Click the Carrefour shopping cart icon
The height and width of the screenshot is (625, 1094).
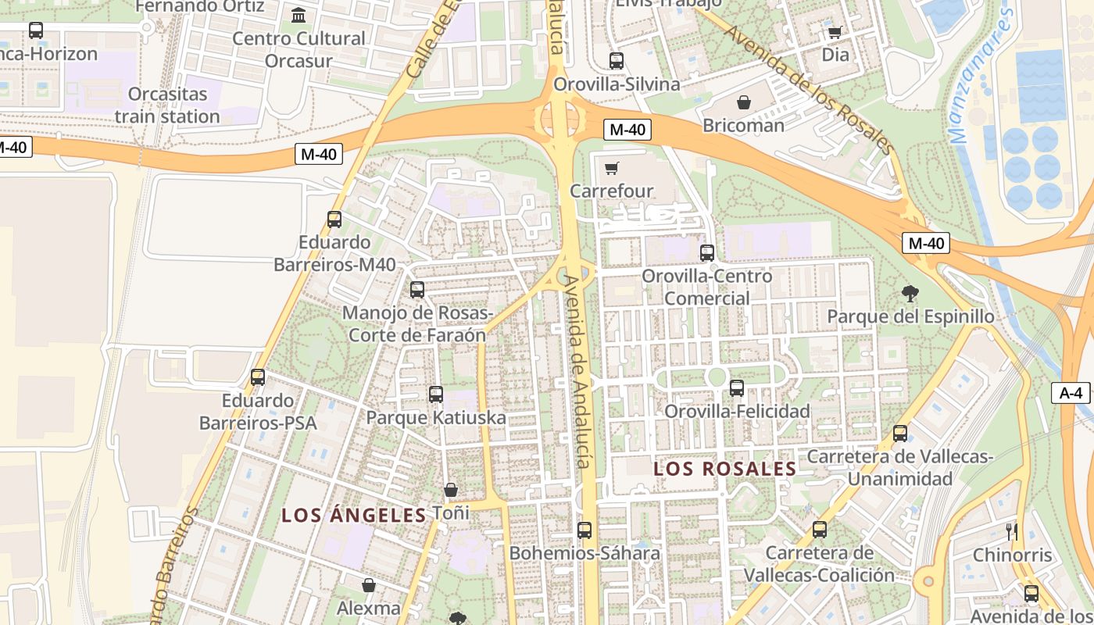(612, 168)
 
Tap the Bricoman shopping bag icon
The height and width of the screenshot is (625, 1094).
(744, 102)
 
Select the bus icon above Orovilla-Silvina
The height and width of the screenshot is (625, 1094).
(617, 61)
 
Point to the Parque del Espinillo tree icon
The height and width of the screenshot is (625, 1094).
(910, 295)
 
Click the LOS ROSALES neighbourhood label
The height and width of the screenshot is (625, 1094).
(724, 469)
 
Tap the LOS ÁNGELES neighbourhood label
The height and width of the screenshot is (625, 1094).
(353, 515)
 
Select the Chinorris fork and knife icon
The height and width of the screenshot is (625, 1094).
(1012, 532)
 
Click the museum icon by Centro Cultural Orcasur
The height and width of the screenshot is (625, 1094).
(298, 15)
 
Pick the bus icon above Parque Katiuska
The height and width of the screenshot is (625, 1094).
(436, 395)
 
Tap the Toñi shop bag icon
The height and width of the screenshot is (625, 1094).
(451, 490)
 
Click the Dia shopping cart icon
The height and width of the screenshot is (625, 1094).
(835, 32)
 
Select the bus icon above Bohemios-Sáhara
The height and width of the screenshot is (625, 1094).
(585, 530)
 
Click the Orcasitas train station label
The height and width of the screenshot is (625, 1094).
(167, 105)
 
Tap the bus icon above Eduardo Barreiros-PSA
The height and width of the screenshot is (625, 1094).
(258, 378)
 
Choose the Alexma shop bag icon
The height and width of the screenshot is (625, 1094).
(369, 585)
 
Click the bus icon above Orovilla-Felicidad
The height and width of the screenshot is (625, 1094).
(737, 388)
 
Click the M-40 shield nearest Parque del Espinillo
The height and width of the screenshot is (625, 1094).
(926, 243)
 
